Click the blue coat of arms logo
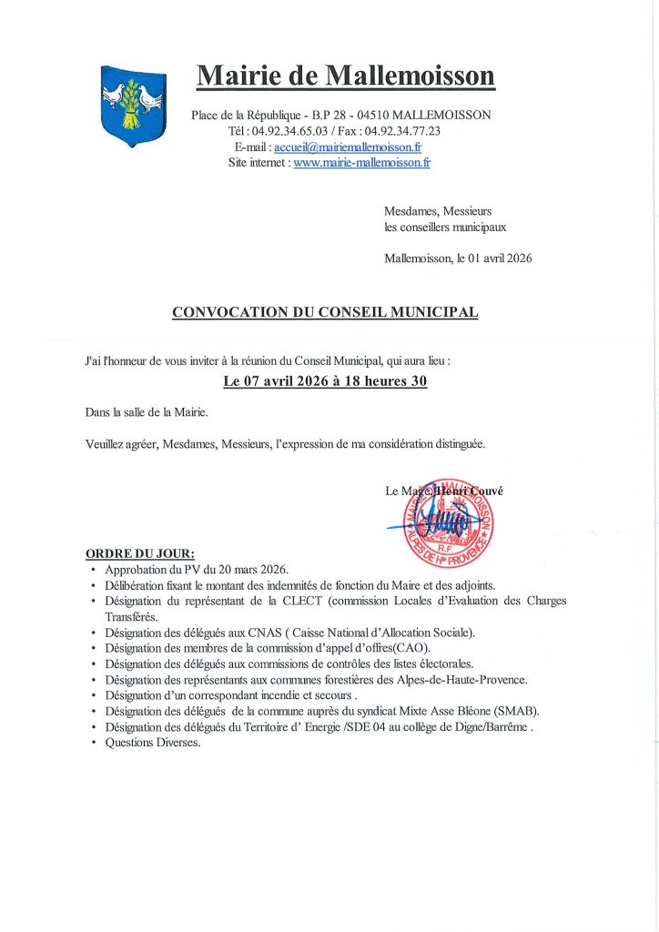pyautogui.click(x=132, y=106)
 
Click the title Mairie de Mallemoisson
pyautogui.click(x=346, y=75)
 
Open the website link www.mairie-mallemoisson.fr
pyautogui.click(x=361, y=163)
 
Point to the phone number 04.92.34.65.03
pyautogui.click(x=289, y=130)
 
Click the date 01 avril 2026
pyautogui.click(x=500, y=258)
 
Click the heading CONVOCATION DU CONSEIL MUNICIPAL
pyautogui.click(x=325, y=312)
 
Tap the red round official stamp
pyautogui.click(x=449, y=521)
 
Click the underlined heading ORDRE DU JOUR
pyautogui.click(x=139, y=553)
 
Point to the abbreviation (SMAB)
pyautogui.click(x=512, y=711)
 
